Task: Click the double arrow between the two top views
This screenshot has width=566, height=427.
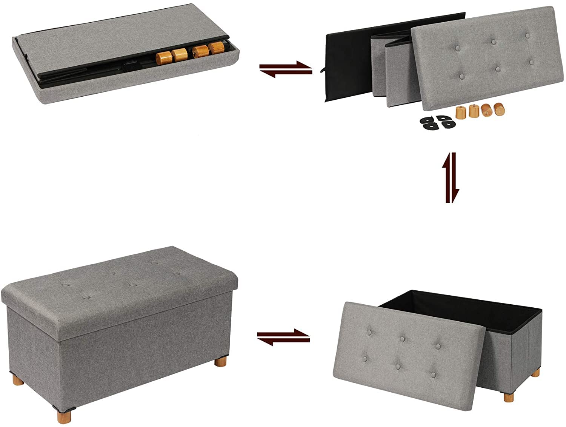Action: pyautogui.click(x=286, y=68)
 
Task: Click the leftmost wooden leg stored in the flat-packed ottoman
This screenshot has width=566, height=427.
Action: pyautogui.click(x=163, y=57)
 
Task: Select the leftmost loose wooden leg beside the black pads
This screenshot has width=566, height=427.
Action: pyautogui.click(x=460, y=112)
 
